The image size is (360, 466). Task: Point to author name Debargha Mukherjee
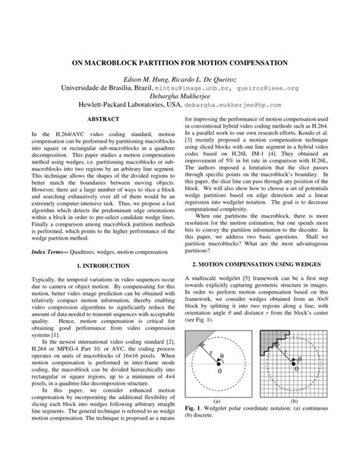[x=180, y=97]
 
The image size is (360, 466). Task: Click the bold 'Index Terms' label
[x=50, y=228]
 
